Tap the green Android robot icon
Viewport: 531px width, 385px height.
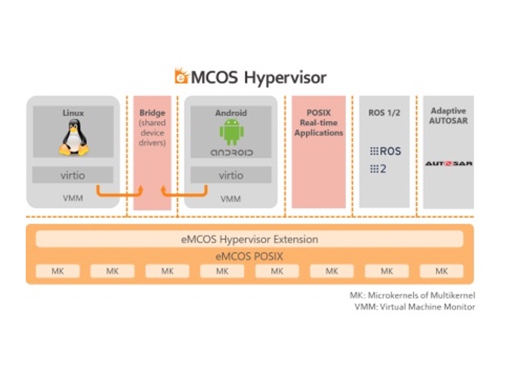231,133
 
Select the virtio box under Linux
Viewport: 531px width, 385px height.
72,174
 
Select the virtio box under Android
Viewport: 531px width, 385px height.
231,175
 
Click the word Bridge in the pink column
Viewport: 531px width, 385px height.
152,113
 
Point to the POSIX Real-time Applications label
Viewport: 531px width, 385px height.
318,123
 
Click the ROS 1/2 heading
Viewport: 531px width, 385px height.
384,113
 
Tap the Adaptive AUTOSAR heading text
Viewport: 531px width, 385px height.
448,116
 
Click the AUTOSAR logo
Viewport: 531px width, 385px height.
449,164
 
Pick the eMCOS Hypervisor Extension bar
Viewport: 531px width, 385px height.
249,239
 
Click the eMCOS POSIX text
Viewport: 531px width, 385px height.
249,255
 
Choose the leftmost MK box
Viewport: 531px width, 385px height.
57,271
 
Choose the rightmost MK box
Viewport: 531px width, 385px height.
441,271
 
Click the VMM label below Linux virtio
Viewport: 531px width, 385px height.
72,198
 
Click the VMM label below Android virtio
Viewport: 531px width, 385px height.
231,199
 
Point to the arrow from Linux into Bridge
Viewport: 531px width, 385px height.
122,192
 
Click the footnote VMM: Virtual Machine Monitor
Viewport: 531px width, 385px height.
415,307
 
